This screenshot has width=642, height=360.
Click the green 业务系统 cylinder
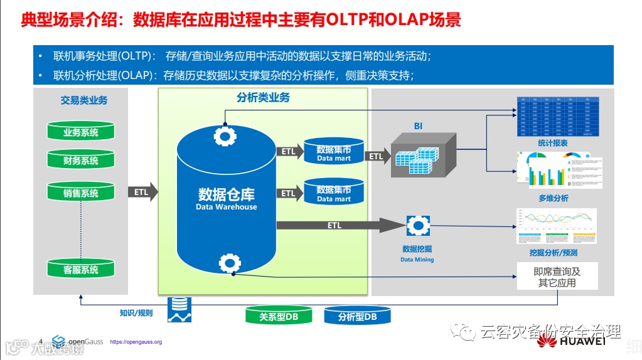81,132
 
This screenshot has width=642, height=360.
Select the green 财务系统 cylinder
81,160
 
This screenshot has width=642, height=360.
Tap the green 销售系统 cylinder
81,193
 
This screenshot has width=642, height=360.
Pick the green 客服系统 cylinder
81,269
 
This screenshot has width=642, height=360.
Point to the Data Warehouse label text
226,207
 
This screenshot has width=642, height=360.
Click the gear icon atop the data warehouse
225,136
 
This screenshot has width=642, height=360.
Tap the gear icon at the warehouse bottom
227,263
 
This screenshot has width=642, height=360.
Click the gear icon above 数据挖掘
417,226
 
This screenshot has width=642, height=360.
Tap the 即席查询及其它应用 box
557,277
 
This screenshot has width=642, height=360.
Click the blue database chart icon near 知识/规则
179,310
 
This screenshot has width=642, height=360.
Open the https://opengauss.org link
136,342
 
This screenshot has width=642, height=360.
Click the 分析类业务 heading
263,98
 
